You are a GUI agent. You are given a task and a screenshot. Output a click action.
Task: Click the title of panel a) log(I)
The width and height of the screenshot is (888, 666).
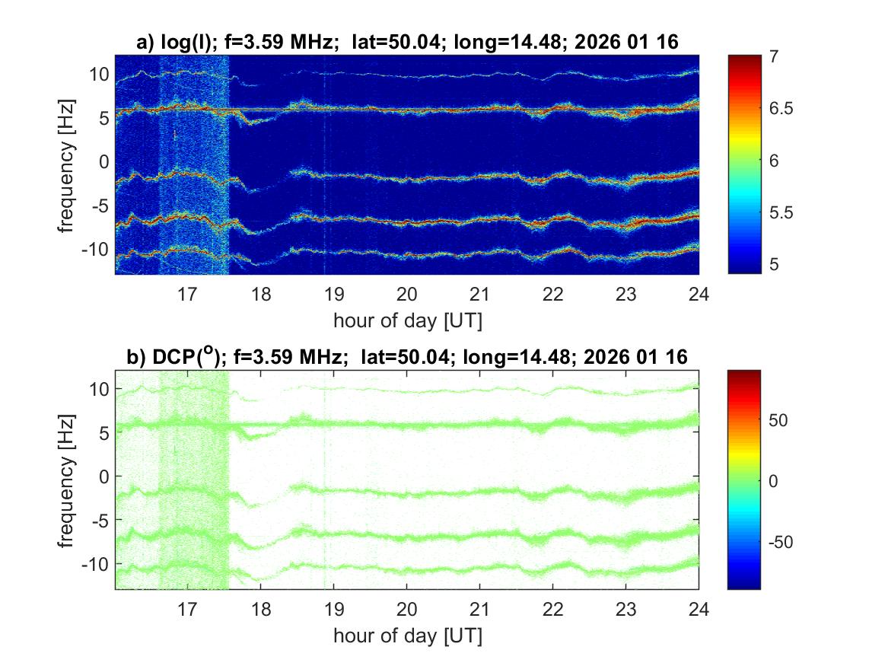click(407, 43)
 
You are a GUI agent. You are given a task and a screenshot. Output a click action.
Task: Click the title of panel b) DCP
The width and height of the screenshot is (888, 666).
click(407, 357)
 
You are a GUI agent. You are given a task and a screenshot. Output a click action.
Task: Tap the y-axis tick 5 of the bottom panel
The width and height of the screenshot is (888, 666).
click(103, 433)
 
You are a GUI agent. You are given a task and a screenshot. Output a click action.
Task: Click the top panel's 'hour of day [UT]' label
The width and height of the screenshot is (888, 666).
click(407, 320)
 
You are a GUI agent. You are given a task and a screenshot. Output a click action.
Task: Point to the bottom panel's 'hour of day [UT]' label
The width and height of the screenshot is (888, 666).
click(407, 635)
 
